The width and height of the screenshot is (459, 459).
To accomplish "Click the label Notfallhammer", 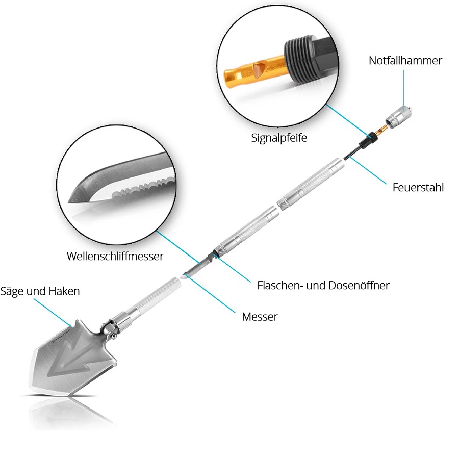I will click(x=405, y=61).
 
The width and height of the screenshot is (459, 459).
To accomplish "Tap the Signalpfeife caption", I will click(x=279, y=138).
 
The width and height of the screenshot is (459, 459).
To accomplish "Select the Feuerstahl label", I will click(x=418, y=187).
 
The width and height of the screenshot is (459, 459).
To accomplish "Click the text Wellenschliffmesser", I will click(x=115, y=256).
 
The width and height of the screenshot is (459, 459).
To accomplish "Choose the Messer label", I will click(x=260, y=317).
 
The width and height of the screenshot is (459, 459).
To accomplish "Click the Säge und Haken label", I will click(x=40, y=291).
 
